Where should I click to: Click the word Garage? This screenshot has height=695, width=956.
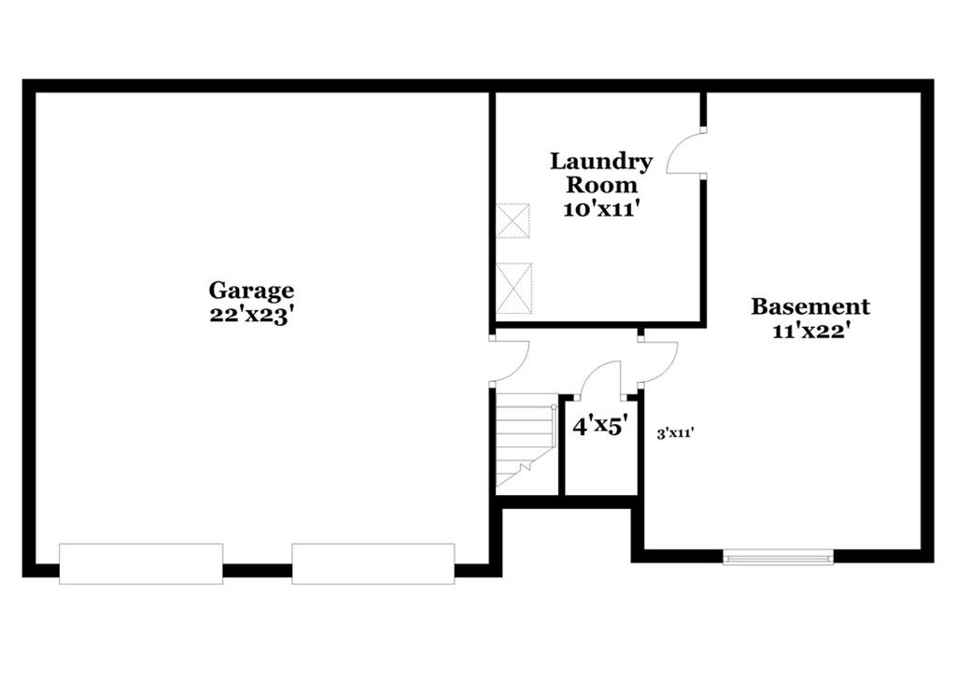pos(251,291)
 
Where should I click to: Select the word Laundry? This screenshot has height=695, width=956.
pos(601,162)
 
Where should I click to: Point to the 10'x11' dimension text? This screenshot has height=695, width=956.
pos(601,209)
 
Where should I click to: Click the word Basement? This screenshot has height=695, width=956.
pos(810,306)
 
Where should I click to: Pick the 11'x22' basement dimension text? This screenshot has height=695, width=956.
pos(811,331)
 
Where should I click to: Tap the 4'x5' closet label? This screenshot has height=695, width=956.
pos(600,425)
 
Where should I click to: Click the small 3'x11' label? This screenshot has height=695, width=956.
pos(676,433)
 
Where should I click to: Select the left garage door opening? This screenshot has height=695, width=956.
pos(141,564)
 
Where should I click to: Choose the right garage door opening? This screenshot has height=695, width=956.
pos(373,564)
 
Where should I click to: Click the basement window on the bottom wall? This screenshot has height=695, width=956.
pos(778,557)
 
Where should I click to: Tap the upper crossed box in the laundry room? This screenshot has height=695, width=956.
pos(513,220)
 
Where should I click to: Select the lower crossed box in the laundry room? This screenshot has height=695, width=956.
pos(514,288)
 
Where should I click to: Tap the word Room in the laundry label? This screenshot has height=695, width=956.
pos(601,185)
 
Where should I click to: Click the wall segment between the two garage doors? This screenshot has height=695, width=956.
pos(258,571)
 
